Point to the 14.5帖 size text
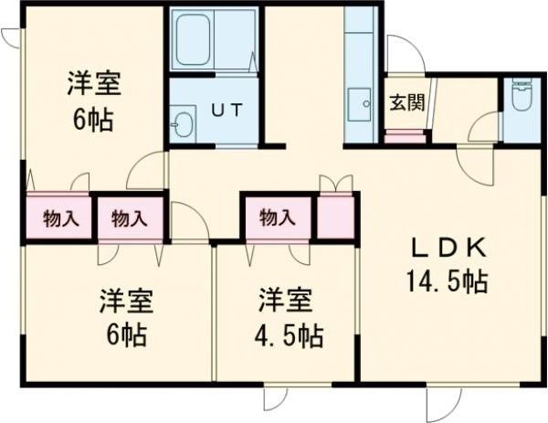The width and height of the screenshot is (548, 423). tap(448, 280)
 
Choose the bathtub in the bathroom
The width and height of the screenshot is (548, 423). tap(213, 42)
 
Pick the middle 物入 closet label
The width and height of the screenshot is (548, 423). tap(129, 218)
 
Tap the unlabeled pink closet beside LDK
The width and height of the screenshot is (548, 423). tap(334, 217)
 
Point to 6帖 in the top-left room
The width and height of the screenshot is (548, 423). tap(94, 119)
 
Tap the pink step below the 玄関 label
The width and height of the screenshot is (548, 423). tap(406, 138)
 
